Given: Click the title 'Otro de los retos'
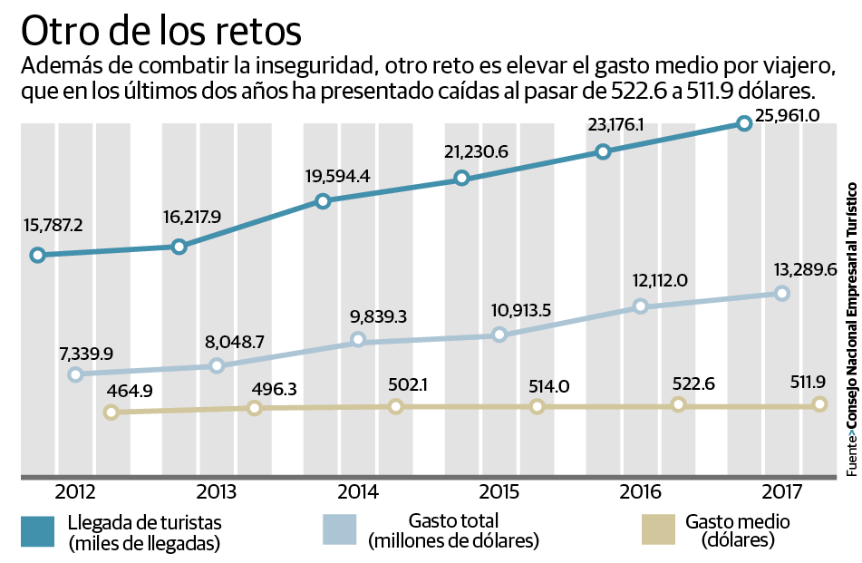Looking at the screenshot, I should [161, 30].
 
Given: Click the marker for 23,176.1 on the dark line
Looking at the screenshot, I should [603, 151].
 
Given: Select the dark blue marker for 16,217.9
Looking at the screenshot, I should [179, 247].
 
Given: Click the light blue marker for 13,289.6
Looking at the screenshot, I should [782, 293].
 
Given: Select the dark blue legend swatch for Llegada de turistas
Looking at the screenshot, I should [39, 531].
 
